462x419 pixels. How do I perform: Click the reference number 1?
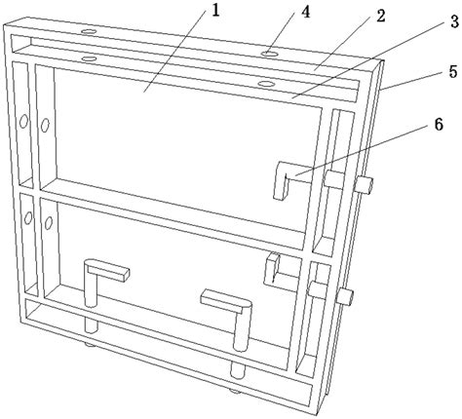coord(215,11)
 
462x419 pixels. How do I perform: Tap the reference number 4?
coord(305,13)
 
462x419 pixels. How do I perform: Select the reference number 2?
coord(380,17)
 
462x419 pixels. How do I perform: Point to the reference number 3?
coord(454,21)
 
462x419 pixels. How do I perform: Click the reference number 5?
coord(453,71)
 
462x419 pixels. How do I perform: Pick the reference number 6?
coord(439,125)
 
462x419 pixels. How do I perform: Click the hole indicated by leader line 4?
coord(270,54)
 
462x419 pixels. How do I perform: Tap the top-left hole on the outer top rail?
coord(89,31)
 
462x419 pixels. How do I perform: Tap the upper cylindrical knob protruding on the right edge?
coord(364,184)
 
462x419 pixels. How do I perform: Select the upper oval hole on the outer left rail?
coord(23,122)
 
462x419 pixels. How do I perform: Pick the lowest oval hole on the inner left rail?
coord(49,223)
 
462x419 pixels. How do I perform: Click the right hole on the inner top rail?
coord(265,84)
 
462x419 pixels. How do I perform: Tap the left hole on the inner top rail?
coord(89,58)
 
